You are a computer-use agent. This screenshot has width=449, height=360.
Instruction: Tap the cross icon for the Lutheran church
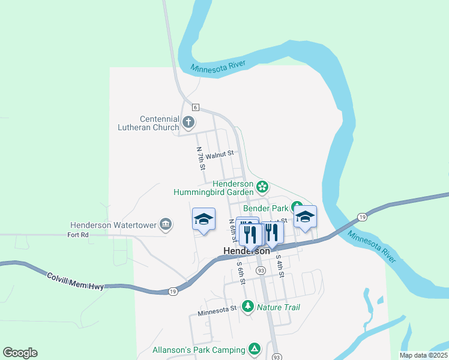tap(188, 123)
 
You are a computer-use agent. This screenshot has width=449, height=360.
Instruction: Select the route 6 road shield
tap(196, 106)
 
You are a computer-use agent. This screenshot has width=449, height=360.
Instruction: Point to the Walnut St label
tap(219, 155)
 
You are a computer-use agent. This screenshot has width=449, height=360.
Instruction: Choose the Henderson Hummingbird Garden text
tap(214, 188)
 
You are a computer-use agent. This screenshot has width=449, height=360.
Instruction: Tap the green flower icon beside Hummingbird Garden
tap(262, 185)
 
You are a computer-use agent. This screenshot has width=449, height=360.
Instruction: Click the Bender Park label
tap(272, 208)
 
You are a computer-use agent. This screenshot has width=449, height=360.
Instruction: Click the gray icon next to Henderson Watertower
tap(166, 225)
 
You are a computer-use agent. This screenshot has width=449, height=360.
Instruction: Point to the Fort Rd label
tap(78, 235)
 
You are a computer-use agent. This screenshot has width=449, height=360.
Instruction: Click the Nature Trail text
tap(279, 307)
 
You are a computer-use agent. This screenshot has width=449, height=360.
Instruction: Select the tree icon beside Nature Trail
tap(247, 307)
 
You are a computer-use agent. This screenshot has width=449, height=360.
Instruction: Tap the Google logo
tap(20, 353)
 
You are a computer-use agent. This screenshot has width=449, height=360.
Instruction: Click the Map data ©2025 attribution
tap(423, 355)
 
